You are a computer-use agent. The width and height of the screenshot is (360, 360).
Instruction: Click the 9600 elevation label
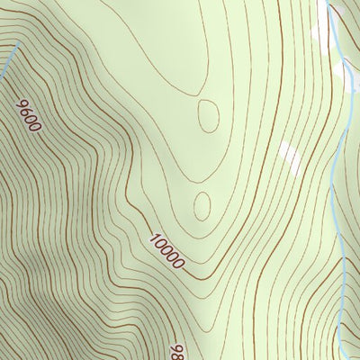point(30,115)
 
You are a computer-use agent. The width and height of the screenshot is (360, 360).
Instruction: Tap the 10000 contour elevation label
point(167,252)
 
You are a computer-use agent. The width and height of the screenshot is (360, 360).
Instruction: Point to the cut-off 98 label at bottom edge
point(178,350)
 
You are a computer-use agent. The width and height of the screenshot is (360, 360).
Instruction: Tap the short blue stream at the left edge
point(8,60)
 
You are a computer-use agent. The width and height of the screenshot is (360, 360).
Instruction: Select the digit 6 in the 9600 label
point(27,111)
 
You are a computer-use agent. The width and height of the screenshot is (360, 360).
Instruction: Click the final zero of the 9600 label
point(36,127)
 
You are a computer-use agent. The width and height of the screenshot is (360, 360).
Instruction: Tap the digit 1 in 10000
point(155,239)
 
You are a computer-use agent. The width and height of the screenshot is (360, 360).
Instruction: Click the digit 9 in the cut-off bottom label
point(175,345)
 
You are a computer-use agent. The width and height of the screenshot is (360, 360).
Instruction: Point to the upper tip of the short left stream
point(19,44)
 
